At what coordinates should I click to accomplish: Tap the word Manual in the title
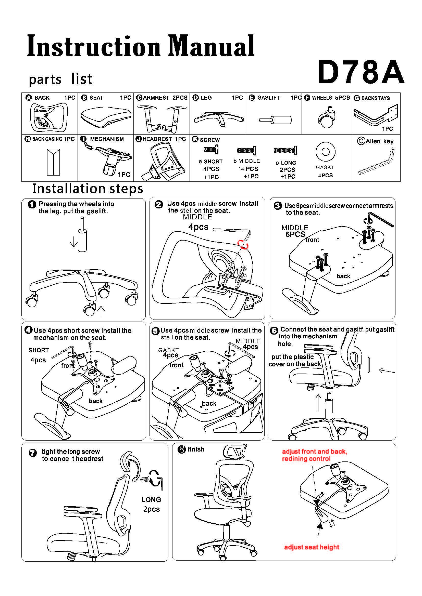click(x=211, y=46)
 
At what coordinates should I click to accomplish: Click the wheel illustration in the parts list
click(x=326, y=118)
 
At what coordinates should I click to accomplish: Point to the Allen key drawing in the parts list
click(x=376, y=162)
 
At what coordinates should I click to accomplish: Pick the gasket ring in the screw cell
click(x=325, y=152)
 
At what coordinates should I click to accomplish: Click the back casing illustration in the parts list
click(x=53, y=162)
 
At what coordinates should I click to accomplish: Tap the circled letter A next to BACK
click(x=29, y=98)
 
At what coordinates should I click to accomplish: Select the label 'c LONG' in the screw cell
click(x=286, y=163)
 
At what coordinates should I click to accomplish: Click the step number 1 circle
click(x=32, y=205)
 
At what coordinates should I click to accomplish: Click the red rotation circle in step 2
click(x=243, y=245)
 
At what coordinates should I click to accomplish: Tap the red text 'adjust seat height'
click(x=311, y=547)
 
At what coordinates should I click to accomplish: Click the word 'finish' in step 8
click(x=196, y=449)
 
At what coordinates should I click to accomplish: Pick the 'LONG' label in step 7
click(x=151, y=499)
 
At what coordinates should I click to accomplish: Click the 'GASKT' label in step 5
click(x=168, y=350)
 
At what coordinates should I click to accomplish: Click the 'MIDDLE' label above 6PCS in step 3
click(x=295, y=228)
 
